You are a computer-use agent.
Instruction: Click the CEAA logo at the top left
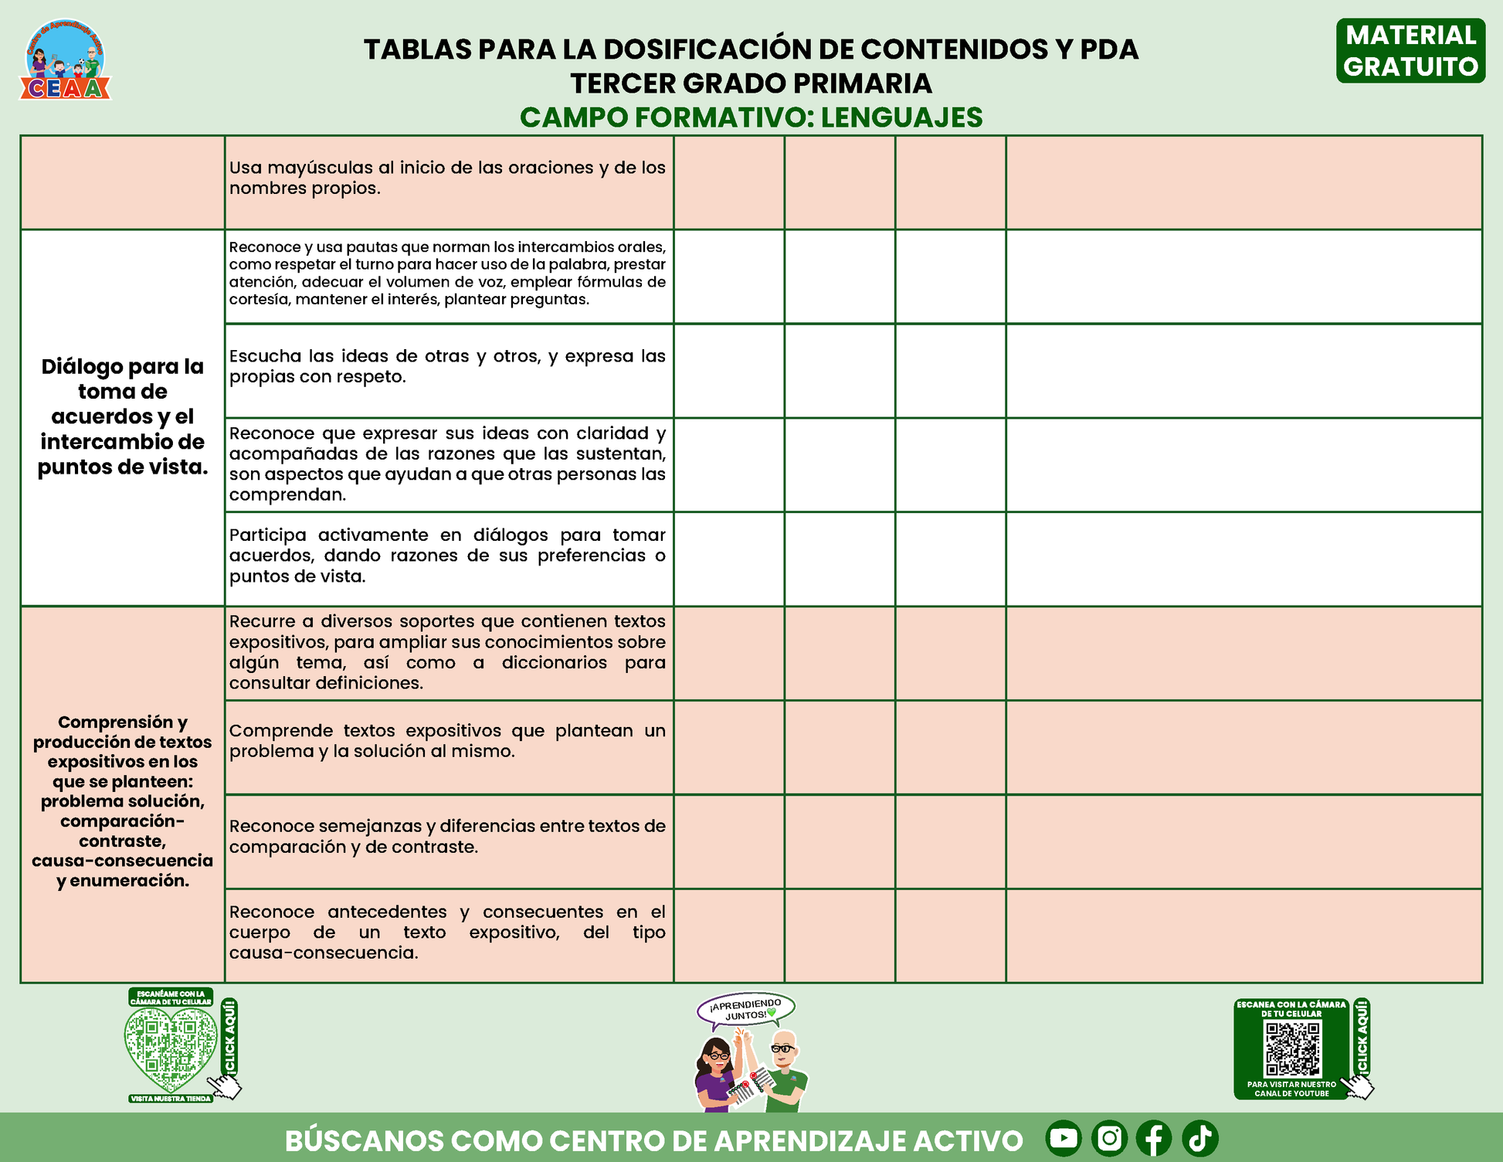tap(66, 61)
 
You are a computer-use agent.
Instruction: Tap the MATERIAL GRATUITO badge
tap(1410, 51)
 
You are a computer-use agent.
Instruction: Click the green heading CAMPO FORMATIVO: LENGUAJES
tap(751, 117)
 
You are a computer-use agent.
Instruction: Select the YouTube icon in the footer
tap(1064, 1138)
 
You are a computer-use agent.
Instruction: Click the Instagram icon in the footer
tap(1109, 1138)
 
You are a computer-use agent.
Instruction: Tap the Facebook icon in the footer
tap(1154, 1138)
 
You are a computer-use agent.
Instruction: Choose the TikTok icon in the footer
tap(1199, 1138)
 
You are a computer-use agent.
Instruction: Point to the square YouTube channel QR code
tap(1292, 1049)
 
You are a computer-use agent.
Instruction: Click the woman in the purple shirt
tap(716, 1074)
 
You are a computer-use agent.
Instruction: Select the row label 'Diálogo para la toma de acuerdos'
tap(123, 416)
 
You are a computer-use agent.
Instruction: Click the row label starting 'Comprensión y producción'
tap(123, 800)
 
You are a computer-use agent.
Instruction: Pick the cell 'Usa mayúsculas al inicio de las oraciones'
tap(447, 178)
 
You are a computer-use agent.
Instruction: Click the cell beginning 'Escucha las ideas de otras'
tap(447, 367)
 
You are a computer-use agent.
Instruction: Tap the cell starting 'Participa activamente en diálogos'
tap(447, 556)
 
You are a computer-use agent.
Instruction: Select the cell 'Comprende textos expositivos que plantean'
tap(447, 741)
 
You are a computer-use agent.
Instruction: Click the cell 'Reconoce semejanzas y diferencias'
tap(447, 837)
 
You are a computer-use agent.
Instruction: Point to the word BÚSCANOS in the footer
tap(363, 1140)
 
